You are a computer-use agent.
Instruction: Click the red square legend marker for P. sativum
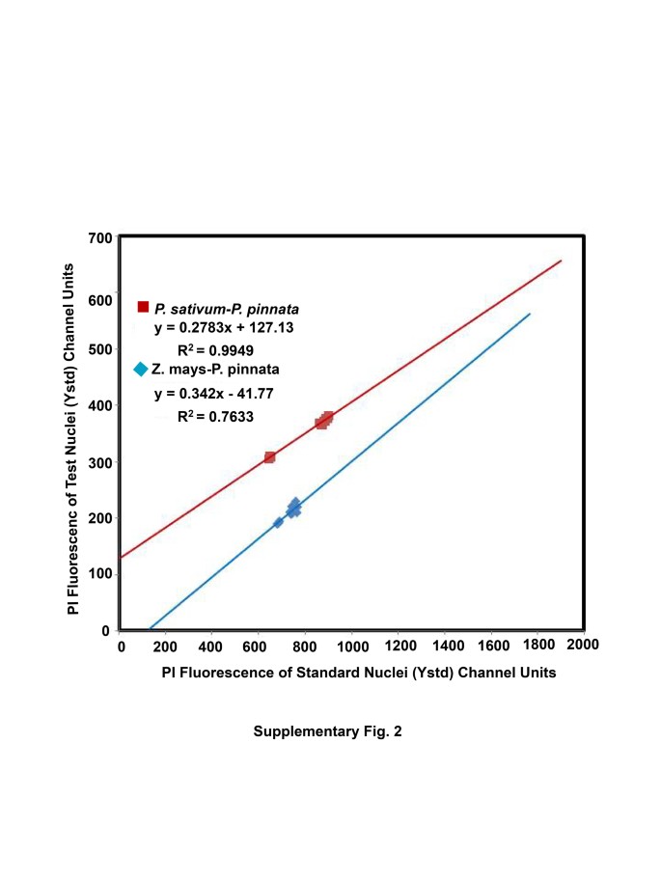(143, 307)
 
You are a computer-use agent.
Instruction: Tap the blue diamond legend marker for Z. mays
(141, 369)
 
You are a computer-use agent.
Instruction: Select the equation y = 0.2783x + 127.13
(224, 327)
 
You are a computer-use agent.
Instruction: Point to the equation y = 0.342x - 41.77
(215, 394)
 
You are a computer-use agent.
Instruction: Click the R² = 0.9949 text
(219, 349)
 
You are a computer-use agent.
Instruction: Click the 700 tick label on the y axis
(100, 238)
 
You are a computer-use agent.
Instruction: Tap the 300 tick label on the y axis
(100, 462)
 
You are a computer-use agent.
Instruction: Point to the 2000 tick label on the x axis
(583, 644)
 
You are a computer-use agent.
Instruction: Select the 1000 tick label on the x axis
(351, 644)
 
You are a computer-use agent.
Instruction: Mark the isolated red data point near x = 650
(269, 456)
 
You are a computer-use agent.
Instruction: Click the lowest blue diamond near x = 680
(278, 522)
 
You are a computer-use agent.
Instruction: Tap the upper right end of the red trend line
(561, 261)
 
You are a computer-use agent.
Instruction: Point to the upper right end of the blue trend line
(530, 314)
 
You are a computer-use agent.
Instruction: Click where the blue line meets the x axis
(151, 628)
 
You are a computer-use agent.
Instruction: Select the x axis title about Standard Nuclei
(359, 673)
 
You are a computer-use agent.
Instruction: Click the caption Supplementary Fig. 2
(327, 731)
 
